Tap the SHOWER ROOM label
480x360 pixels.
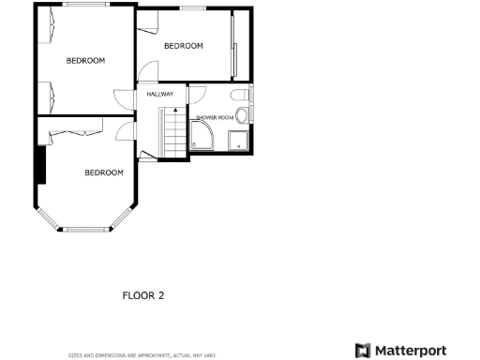click(213, 117)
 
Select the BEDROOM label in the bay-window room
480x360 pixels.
click(104, 172)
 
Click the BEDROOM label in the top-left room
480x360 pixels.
click(85, 60)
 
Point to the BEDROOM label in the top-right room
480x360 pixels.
click(184, 46)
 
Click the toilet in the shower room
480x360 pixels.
click(242, 95)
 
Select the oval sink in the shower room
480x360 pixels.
click(242, 115)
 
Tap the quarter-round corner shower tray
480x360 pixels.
click(201, 141)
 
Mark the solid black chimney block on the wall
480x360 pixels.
click(39, 166)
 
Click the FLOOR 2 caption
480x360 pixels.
click(143, 295)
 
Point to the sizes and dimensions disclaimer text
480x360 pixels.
click(142, 355)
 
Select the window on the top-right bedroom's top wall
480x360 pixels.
click(194, 8)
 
